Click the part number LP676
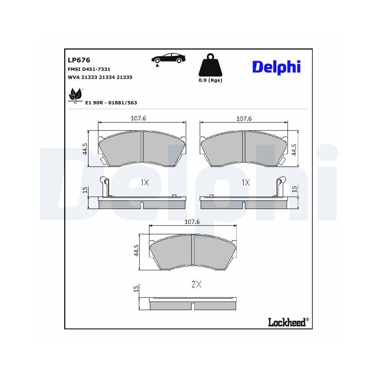(x=78, y=60)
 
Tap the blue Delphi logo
(x=276, y=66)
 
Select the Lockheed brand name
(x=287, y=323)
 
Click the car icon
(x=169, y=59)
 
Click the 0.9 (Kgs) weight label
(x=211, y=80)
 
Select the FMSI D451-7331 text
(x=89, y=70)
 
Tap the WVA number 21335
(x=124, y=77)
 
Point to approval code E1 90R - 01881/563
(x=111, y=103)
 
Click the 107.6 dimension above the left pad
(x=138, y=118)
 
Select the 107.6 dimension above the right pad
(x=244, y=118)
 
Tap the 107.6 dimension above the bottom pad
(x=192, y=222)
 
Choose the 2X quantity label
(x=196, y=284)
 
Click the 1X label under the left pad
(x=144, y=183)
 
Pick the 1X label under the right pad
(x=246, y=183)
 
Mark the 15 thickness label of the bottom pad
(x=136, y=289)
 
